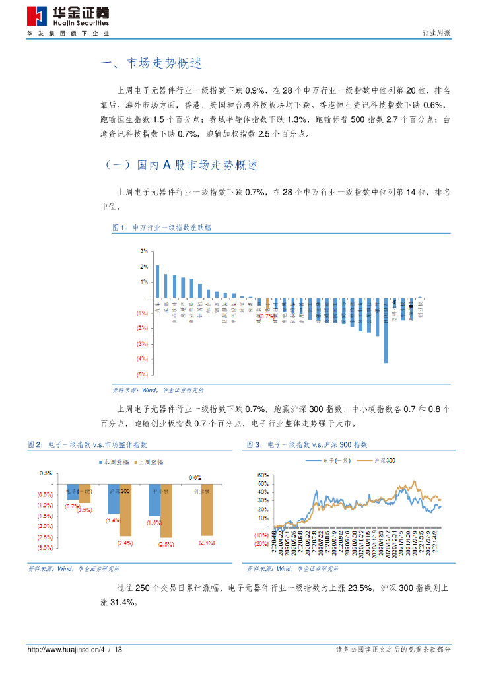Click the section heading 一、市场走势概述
(150, 64)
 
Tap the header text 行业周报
(436, 33)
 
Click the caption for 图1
(162, 228)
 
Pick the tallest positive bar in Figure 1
(157, 281)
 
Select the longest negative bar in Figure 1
(386, 329)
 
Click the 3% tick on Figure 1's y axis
(143, 252)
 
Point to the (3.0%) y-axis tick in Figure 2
(45, 547)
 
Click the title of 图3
(306, 445)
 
